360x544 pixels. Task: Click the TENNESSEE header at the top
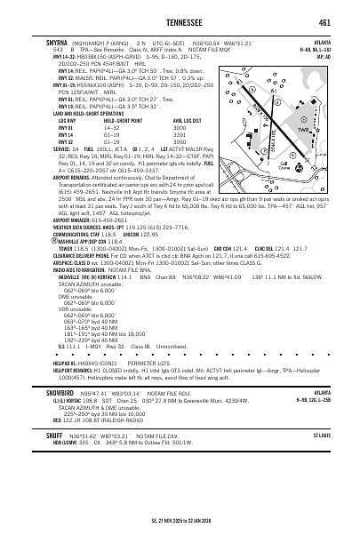[180, 23]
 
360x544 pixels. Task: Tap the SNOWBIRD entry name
[46, 389]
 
